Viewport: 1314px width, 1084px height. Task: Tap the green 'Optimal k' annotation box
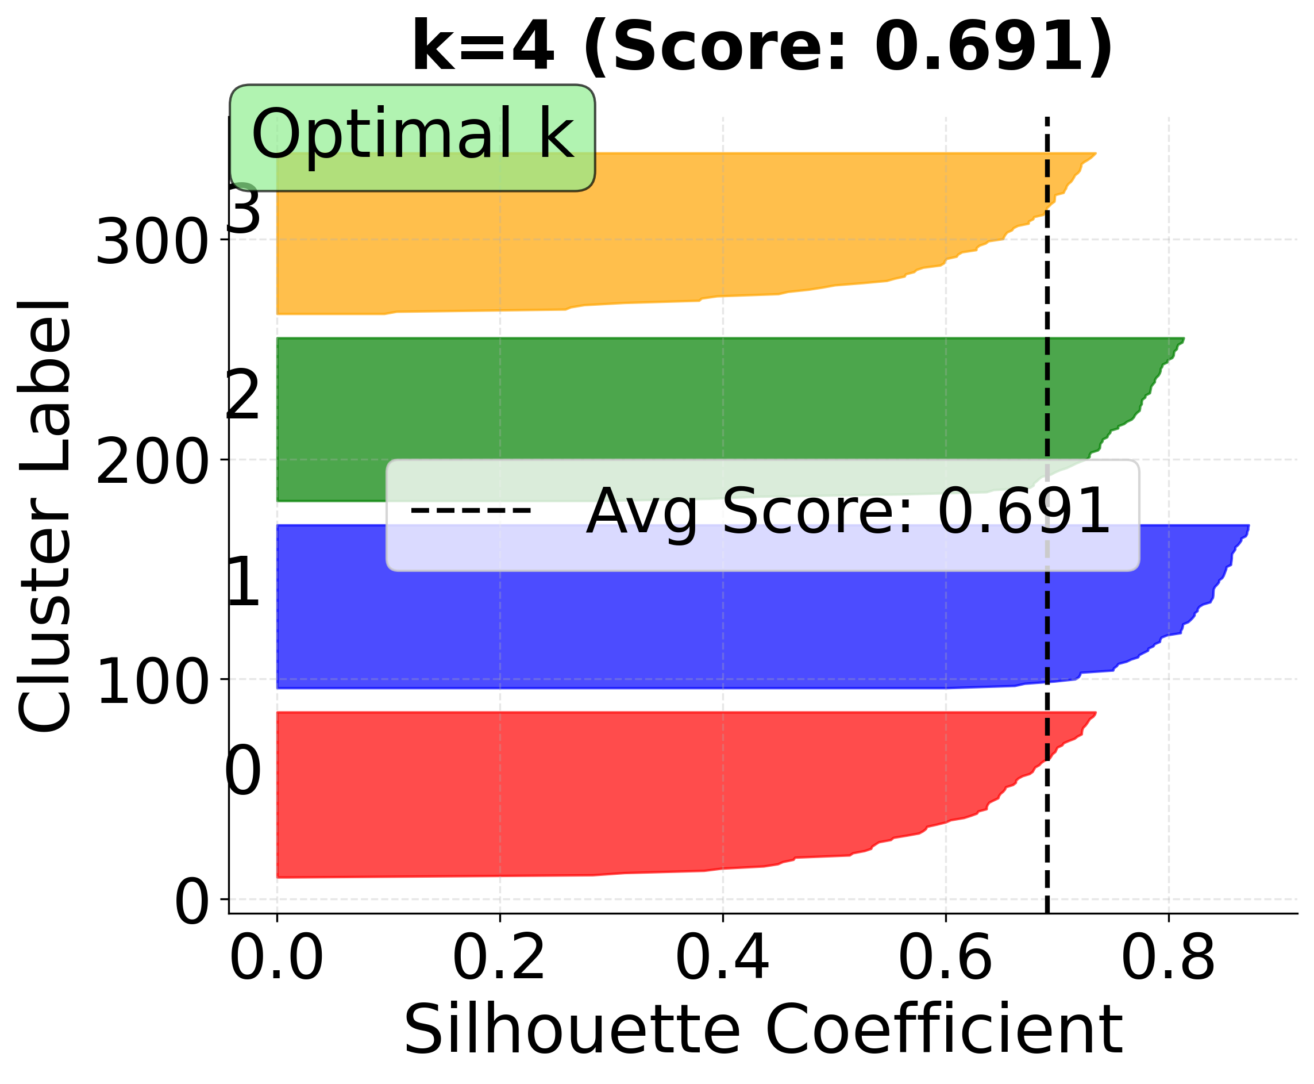[412, 137]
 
